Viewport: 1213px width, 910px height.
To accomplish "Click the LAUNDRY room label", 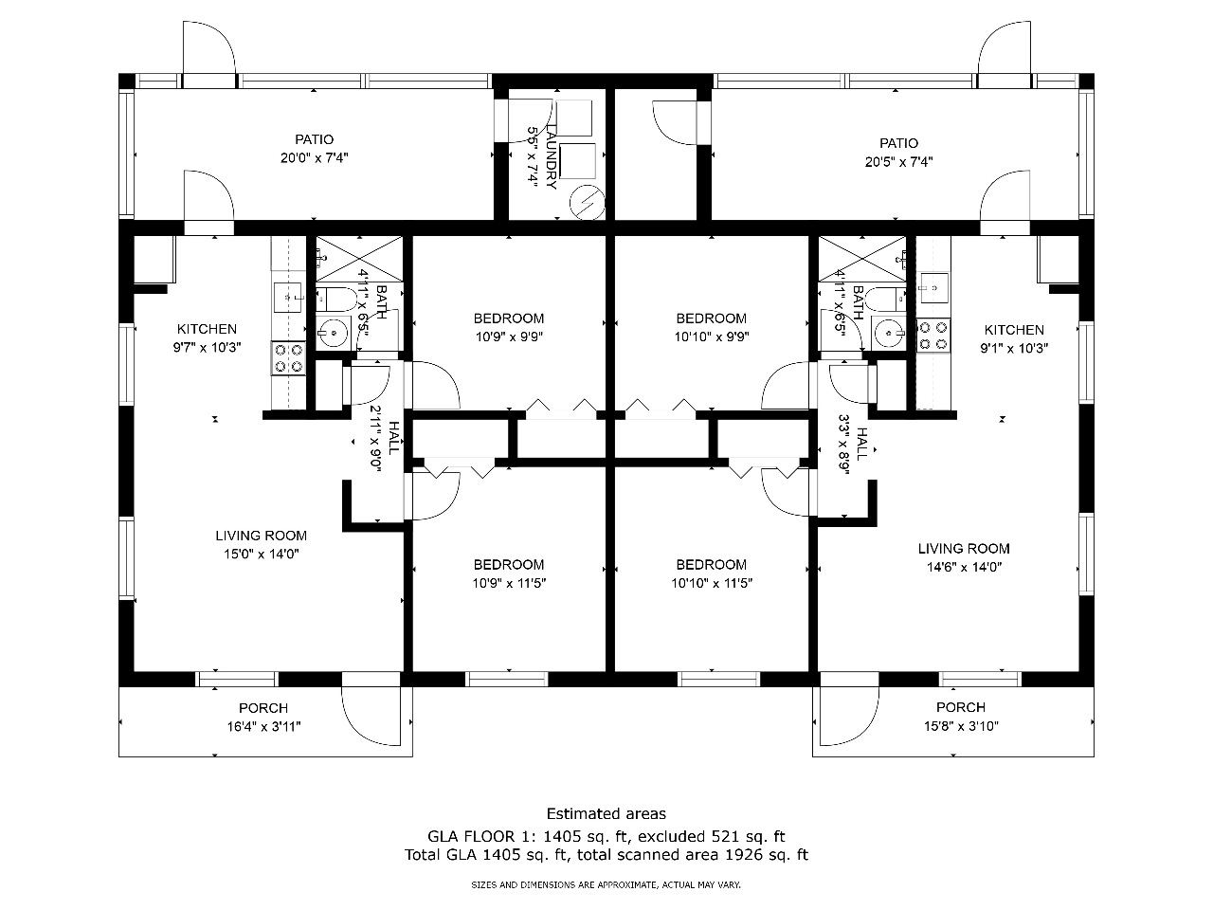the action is click(551, 157).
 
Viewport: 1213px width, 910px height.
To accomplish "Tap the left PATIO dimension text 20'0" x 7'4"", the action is click(314, 158).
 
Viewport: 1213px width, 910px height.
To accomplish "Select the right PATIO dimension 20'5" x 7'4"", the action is click(898, 162).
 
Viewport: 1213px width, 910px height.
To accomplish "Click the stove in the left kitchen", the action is click(288, 358).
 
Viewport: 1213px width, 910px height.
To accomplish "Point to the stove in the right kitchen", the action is click(933, 336).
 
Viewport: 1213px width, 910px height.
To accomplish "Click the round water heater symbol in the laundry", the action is click(587, 202).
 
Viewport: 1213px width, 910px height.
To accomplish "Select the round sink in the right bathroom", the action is click(888, 333).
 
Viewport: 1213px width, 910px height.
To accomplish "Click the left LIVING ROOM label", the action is click(261, 536).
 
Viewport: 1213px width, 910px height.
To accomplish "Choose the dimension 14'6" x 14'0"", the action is click(964, 567).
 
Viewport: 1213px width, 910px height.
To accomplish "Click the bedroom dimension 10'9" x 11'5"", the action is click(509, 583).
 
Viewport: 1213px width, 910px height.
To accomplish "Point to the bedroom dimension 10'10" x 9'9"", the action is click(712, 337).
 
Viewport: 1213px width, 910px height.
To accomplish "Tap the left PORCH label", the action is click(263, 708).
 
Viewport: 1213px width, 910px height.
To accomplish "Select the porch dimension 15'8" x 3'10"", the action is click(961, 726).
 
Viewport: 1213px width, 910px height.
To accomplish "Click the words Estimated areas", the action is click(606, 813).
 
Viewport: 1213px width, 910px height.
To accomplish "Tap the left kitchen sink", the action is click(288, 299).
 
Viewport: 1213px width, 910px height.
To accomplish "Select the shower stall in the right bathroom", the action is click(862, 259).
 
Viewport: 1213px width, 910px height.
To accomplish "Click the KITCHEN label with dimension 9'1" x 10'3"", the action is click(1014, 330).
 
